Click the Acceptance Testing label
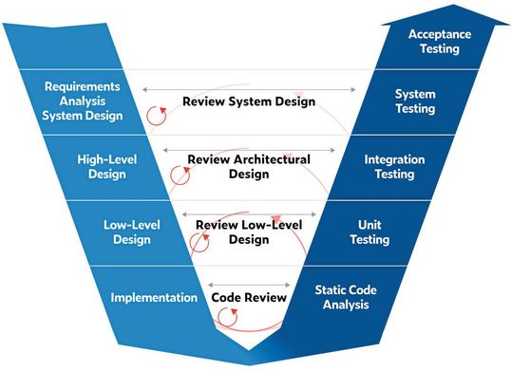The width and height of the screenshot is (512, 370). [440, 42]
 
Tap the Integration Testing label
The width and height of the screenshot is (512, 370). [394, 167]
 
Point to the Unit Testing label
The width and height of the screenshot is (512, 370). [369, 231]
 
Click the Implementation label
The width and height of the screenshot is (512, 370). [154, 297]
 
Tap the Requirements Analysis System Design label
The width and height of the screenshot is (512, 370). [84, 102]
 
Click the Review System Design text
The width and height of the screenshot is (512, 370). [249, 102]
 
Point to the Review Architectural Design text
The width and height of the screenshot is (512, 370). [249, 167]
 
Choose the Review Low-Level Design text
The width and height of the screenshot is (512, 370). [249, 232]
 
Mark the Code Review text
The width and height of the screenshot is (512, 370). [249, 297]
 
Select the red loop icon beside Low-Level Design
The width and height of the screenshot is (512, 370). [198, 241]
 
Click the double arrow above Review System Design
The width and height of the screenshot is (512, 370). [249, 88]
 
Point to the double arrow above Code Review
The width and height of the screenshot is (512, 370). [249, 284]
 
